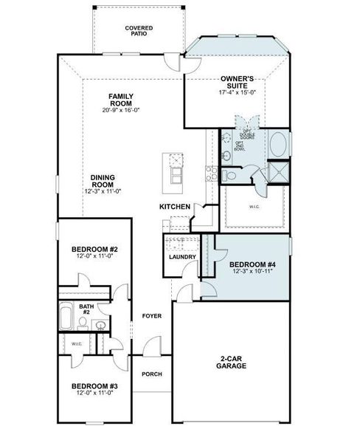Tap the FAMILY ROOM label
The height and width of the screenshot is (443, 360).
(120, 100)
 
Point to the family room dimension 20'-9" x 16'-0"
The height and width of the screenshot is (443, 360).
(120, 110)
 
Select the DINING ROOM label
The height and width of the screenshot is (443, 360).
(102, 182)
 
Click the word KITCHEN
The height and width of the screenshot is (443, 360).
(176, 207)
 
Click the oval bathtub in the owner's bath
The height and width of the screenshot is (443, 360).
(279, 144)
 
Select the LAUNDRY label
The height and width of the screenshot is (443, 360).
(182, 257)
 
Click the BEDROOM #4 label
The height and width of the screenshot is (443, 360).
(252, 264)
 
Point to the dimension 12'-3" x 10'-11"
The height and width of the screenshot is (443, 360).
(252, 272)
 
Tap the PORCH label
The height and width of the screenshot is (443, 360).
(152, 374)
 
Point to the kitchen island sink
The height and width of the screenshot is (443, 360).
(176, 161)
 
